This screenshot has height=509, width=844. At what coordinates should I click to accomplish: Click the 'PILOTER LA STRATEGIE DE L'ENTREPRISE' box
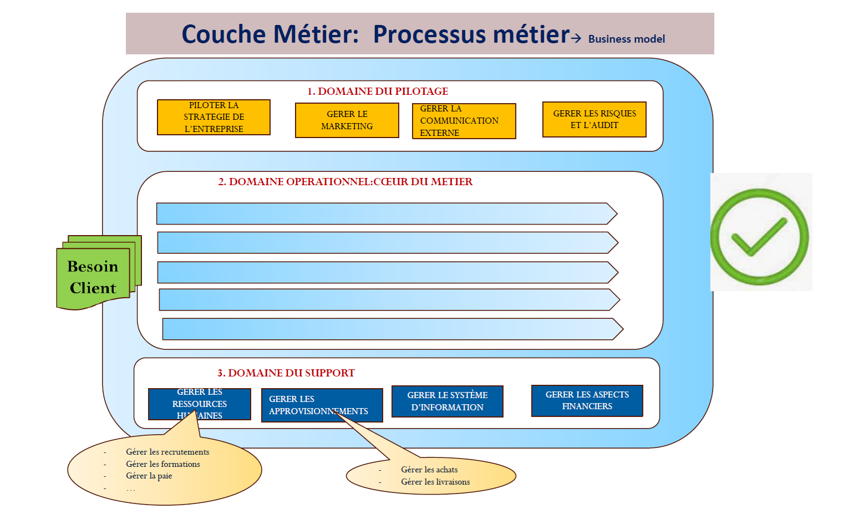213,117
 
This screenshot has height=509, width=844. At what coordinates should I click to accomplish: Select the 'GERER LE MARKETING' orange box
347,120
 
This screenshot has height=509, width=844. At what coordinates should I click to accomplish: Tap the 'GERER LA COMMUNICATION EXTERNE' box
464,121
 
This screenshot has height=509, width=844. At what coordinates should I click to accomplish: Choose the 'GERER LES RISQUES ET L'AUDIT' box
594,119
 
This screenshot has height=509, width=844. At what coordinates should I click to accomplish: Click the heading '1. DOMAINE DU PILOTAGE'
377,91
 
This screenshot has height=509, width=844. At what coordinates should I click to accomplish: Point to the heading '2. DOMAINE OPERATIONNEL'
345,182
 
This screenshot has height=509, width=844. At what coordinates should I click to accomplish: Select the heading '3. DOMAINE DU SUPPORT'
286,373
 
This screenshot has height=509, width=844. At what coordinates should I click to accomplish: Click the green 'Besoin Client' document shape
93,277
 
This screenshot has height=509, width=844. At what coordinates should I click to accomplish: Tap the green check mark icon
759,237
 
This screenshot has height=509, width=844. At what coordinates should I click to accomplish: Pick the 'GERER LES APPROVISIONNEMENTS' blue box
322,405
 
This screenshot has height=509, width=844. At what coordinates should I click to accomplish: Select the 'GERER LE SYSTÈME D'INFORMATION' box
447,401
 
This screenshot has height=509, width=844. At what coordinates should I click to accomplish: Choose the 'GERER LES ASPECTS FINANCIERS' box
587,400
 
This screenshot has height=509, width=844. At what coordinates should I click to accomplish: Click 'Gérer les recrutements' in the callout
167,452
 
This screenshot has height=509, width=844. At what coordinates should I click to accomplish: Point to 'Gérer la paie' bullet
149,476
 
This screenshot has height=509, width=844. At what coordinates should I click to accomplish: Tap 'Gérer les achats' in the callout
429,470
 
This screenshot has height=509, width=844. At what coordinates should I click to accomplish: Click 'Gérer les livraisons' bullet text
435,482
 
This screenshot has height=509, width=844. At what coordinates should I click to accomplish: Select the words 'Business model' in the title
626,39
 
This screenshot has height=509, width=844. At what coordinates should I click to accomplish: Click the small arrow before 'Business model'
576,38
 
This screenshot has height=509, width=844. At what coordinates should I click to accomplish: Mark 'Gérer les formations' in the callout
162,464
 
